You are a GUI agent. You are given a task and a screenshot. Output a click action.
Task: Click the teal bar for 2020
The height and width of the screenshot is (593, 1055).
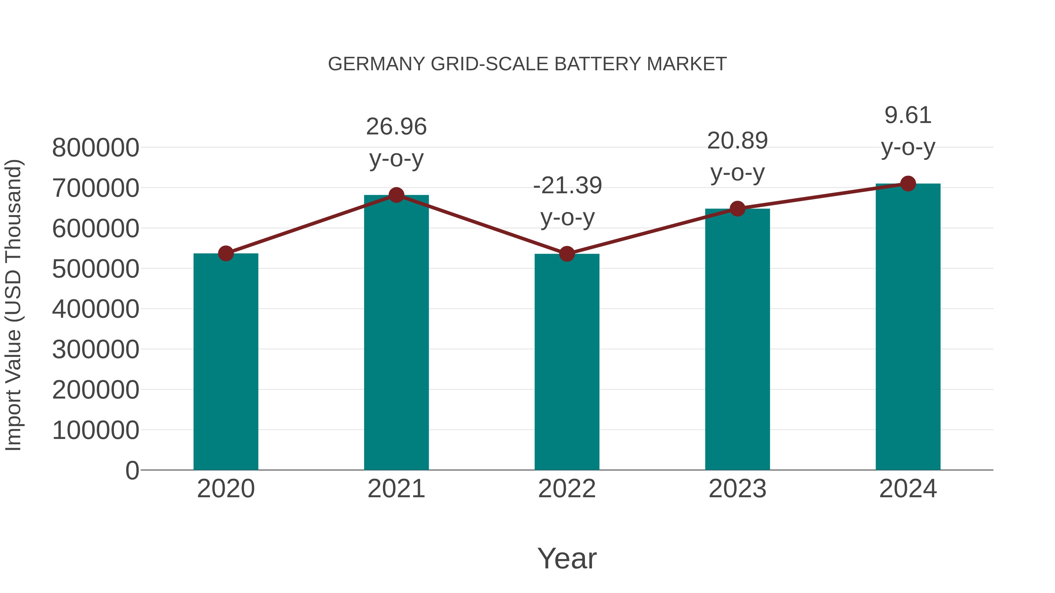pos(226,362)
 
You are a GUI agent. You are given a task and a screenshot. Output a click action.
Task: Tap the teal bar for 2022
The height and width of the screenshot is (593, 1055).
pos(567,362)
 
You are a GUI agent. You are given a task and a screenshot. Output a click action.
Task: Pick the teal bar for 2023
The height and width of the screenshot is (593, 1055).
pos(737,340)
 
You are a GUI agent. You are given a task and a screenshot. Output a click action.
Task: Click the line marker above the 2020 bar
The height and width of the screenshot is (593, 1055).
pos(226,253)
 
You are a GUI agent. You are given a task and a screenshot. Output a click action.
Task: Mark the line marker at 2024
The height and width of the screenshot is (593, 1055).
pos(908,183)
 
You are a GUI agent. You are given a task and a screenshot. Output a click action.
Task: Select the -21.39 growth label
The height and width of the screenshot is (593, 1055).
pos(567,185)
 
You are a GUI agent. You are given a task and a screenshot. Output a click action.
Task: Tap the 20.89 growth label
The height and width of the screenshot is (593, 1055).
pos(737,141)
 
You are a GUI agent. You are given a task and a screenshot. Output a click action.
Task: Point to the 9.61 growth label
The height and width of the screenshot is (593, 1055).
pos(908,115)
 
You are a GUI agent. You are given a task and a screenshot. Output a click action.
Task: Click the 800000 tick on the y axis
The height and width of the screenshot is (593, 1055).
pos(96,148)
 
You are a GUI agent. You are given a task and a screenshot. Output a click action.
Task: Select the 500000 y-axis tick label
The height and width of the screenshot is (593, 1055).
pos(96,269)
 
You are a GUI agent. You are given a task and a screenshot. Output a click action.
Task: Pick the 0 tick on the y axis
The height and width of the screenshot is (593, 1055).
pos(132,470)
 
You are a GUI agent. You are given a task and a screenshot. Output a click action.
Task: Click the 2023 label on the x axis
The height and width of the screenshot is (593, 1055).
pos(737,489)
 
